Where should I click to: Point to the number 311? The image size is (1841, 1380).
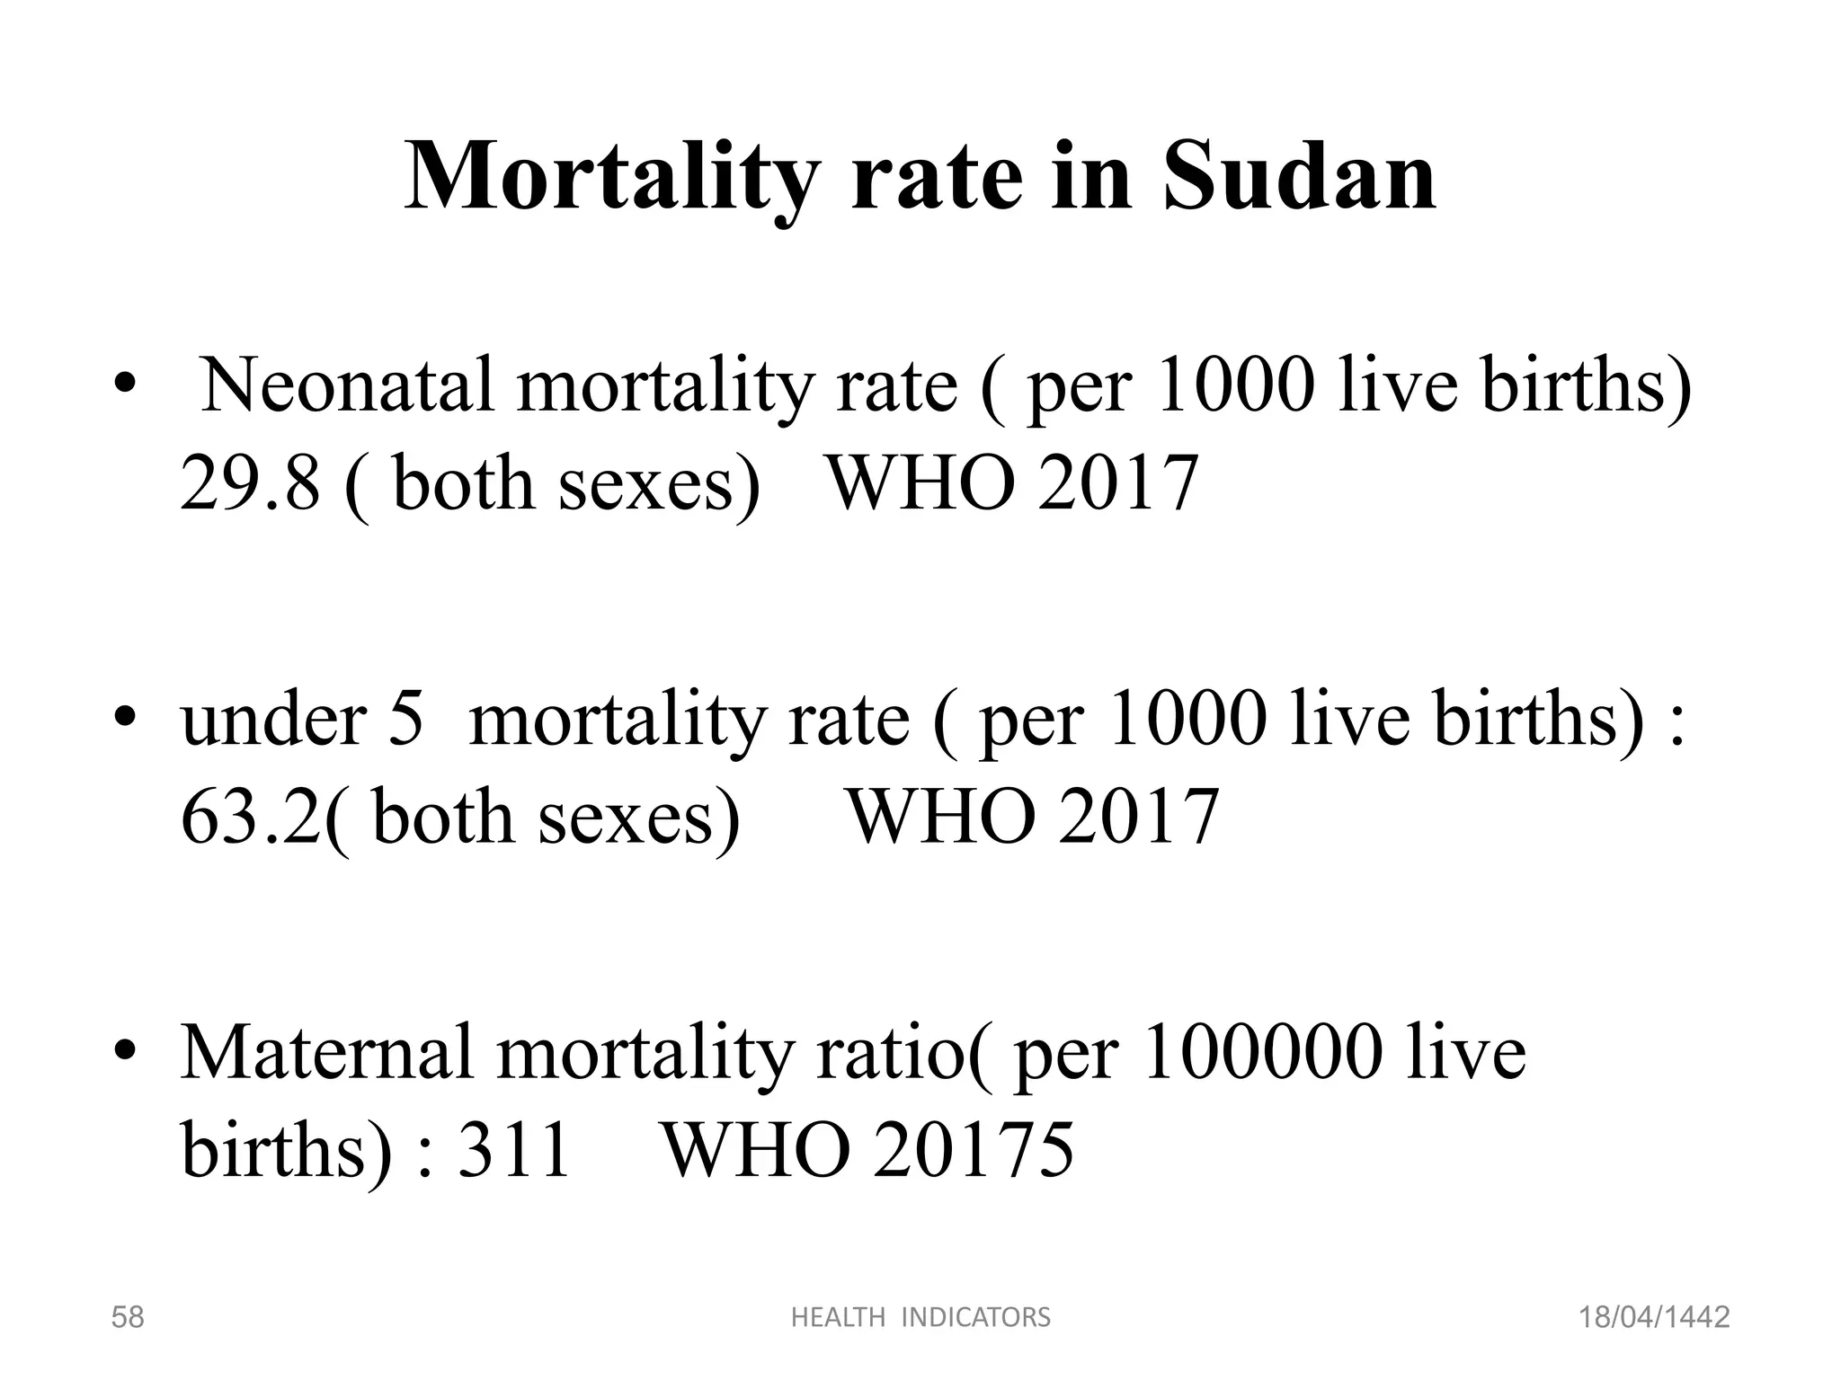click(x=514, y=1150)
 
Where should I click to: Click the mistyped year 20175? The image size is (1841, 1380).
click(x=973, y=1150)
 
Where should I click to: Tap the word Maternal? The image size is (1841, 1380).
click(x=326, y=1053)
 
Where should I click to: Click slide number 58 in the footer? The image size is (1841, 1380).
click(x=127, y=1318)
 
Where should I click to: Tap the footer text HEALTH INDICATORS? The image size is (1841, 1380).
click(x=920, y=1318)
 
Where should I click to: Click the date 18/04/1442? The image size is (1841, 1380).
click(x=1654, y=1318)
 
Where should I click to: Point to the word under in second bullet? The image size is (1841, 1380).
click(x=273, y=721)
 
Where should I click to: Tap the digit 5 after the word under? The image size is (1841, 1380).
click(x=405, y=721)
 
